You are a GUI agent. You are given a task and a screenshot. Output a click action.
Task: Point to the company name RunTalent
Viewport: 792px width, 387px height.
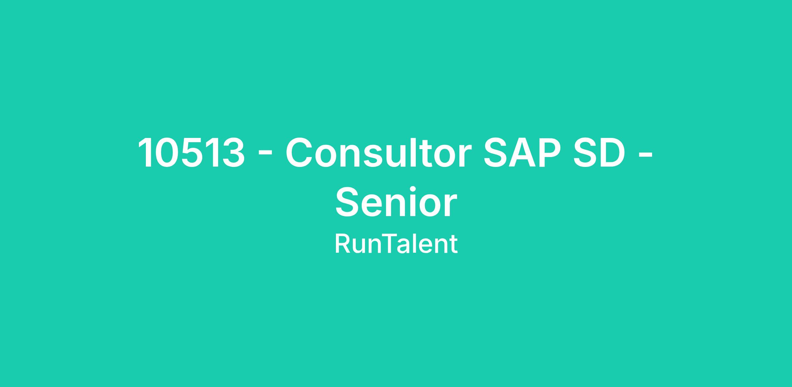pos(396,244)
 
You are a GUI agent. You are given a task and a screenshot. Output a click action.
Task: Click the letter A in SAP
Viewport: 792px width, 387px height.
pos(522,152)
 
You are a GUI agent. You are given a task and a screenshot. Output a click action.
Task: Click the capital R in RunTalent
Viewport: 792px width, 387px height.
pos(343,244)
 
